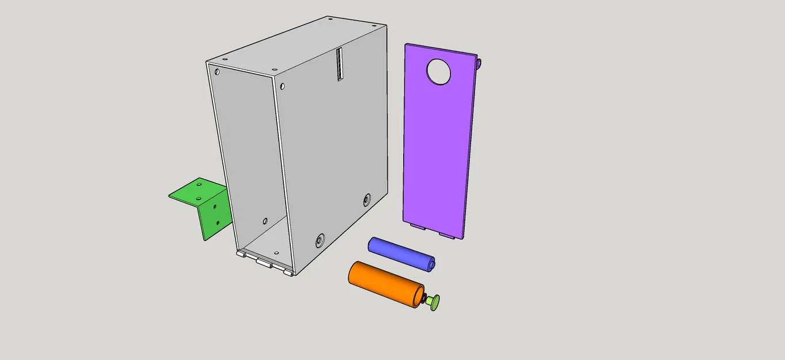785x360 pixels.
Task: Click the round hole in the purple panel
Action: coord(439,72)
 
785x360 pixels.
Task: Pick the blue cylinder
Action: coord(400,253)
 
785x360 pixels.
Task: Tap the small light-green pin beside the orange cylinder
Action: coord(435,302)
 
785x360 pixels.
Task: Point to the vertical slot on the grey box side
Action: coord(340,64)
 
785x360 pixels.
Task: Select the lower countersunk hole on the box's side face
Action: coord(320,240)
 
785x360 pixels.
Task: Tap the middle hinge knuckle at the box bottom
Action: coord(264,264)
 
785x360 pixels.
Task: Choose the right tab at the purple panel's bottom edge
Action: coord(446,234)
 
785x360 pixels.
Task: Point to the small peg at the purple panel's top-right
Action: coord(479,62)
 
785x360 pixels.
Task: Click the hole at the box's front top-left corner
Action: coord(217,73)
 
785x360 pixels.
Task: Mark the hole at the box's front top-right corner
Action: coord(282,86)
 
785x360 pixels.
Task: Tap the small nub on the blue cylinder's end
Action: coord(431,265)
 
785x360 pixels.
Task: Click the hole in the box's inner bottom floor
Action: coord(276,253)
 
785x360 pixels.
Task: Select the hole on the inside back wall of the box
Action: coord(265,221)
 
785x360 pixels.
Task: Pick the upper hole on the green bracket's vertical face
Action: coord(214,205)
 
